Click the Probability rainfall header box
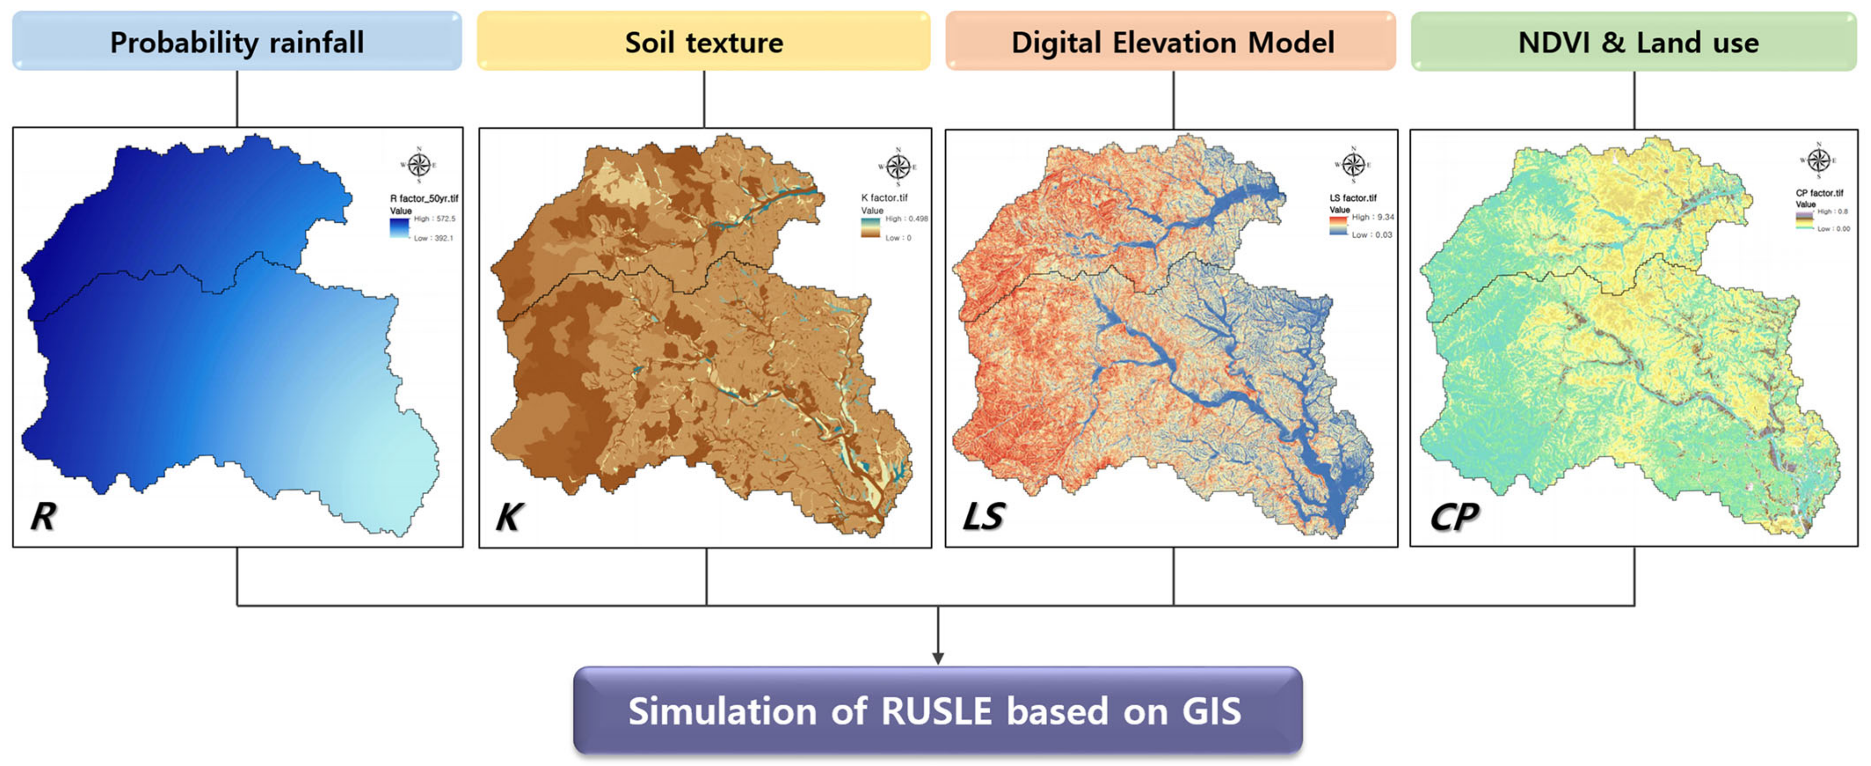[x=237, y=42]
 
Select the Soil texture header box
[x=703, y=42]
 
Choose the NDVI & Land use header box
[x=1634, y=42]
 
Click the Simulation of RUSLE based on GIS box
[x=937, y=710]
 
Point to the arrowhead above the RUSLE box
[x=938, y=657]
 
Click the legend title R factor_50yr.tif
[x=424, y=198]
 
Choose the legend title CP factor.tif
[x=1820, y=193]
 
